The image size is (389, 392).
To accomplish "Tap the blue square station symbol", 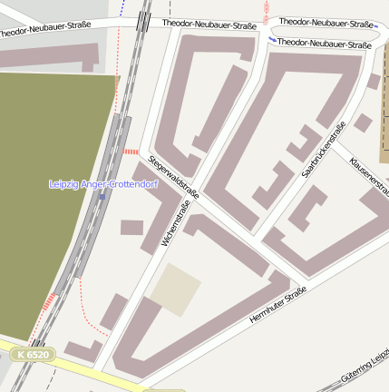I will [102, 194].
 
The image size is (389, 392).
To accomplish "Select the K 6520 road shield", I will [34, 354].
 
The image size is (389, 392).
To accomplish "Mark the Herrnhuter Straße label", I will [277, 308].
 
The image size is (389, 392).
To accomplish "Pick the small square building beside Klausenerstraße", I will [363, 122].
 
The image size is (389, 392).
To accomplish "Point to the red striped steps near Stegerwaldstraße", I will [131, 152].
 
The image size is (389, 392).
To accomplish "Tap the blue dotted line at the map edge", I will [122, 9].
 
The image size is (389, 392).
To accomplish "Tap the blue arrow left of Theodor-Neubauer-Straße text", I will [273, 41].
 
